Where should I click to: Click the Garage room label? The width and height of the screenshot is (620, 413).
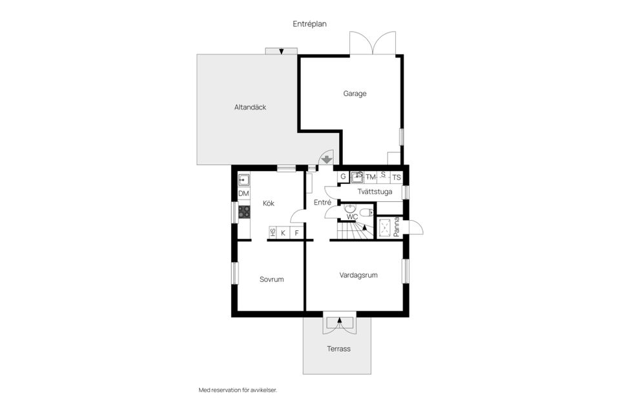coord(355,94)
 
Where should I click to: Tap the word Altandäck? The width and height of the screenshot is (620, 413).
coord(250,107)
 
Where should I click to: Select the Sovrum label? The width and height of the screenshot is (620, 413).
coord(272,279)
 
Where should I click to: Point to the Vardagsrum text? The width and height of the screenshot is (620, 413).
coord(358,275)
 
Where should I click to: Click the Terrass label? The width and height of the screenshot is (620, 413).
coord(338,348)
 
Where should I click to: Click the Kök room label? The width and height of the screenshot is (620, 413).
coord(269,203)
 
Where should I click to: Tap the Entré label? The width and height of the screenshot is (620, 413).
coord(322,203)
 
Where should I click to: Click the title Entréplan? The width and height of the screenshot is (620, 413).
coord(309,24)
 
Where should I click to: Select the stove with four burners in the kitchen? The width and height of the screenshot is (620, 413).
coord(244,211)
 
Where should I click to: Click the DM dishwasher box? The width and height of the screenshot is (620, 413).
coord(244,194)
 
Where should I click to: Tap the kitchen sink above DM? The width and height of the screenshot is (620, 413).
coord(244,180)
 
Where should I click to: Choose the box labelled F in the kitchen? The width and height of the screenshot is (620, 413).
coord(297,233)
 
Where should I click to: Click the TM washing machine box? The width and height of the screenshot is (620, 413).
coord(371,177)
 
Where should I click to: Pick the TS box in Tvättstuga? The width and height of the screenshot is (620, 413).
coord(396,177)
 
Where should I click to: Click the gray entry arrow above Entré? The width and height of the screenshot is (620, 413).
coord(327,159)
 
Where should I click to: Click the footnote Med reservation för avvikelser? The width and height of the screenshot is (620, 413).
coord(242,390)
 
